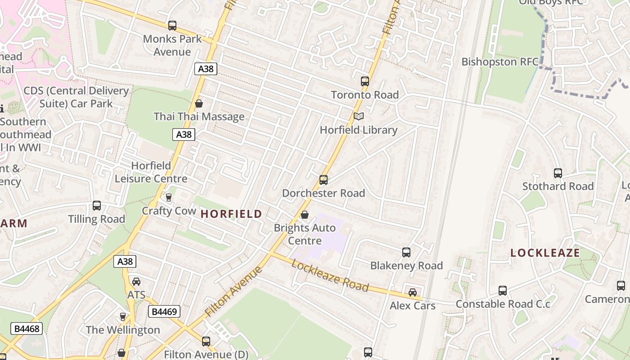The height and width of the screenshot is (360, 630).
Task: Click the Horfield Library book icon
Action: [358, 117]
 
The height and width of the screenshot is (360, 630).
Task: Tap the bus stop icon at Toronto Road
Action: [364, 81]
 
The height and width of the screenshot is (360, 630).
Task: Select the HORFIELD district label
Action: [231, 214]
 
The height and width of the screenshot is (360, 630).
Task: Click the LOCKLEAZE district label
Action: [545, 253]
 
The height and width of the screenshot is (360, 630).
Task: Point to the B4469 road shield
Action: [164, 311]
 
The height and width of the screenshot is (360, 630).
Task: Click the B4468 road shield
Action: [27, 328]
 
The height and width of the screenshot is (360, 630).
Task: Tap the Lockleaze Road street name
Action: [330, 275]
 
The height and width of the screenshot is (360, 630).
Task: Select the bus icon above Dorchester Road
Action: [323, 180]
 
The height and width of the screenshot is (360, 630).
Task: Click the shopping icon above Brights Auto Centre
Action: [305, 215]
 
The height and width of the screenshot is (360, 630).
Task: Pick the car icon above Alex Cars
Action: [412, 292]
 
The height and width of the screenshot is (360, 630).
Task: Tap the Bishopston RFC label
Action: [500, 62]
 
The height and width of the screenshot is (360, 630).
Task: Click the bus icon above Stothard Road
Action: [558, 173]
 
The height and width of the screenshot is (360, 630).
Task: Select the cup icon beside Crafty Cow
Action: [169, 197]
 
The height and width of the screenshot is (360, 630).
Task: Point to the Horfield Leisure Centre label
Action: [151, 172]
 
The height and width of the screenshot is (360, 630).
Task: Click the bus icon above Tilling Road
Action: [96, 206]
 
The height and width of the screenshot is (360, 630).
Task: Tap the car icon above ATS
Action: [136, 282]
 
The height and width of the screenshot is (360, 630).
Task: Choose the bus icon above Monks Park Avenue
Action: [172, 26]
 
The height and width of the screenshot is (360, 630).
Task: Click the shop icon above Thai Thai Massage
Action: [198, 104]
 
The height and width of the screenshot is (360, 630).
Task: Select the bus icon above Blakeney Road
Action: [406, 252]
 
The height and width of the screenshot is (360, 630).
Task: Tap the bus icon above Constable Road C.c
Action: [502, 291]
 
